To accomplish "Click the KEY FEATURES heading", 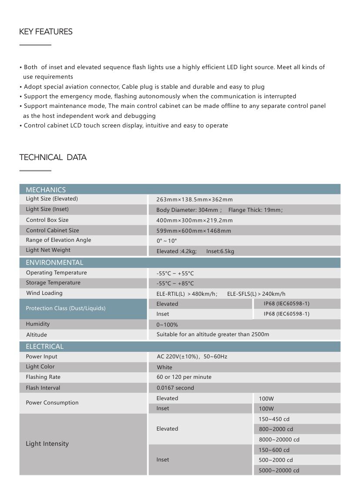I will point(46,32).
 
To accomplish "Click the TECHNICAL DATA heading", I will point(53,157).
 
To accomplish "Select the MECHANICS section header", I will point(46,190).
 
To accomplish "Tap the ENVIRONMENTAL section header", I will point(54,262).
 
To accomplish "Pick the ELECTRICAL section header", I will point(44,346).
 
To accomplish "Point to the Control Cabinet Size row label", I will point(52,231).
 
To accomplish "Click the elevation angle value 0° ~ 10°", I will point(167,241).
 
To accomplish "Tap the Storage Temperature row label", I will point(53,283).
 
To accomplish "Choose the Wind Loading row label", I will point(44,293).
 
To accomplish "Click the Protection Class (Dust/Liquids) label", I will point(66,308).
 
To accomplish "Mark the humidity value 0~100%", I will point(167,325).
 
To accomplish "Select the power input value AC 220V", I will point(192,357).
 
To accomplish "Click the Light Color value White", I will point(165,368).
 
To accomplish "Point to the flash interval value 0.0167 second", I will point(175,388).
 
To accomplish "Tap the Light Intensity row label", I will point(47,444).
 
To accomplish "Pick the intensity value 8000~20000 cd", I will point(279,440).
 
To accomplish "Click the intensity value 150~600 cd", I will point(274,450).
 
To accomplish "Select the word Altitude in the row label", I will point(37,335).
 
